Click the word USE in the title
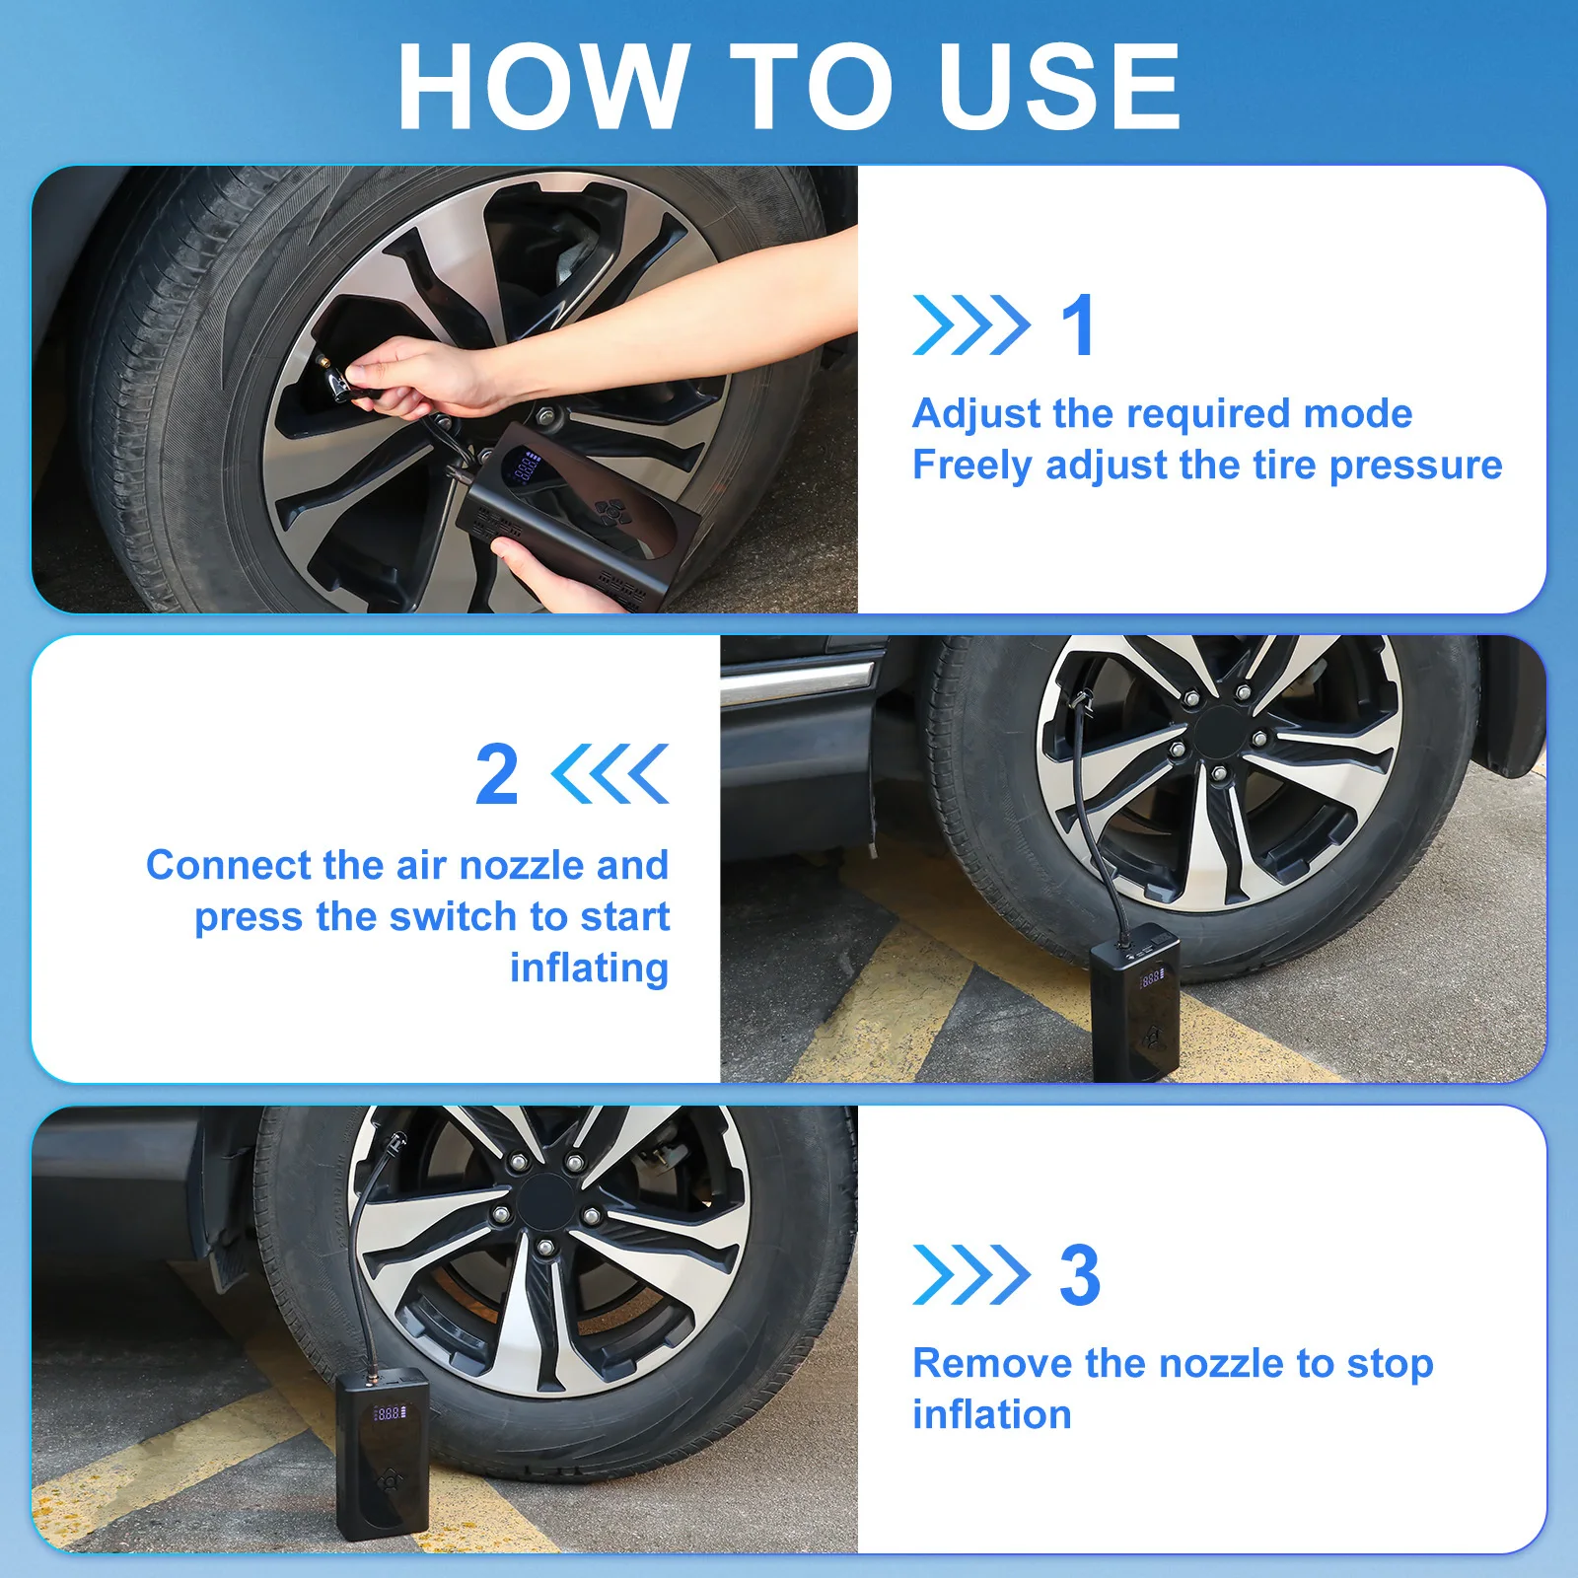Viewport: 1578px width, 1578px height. coord(1060,86)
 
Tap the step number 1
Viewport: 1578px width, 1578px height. coord(1078,325)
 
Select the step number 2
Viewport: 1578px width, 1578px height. coord(496,775)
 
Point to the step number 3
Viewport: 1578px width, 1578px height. coord(1080,1275)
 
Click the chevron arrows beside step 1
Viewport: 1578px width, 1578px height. coord(971,325)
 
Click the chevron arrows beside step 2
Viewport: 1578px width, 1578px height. coord(610,774)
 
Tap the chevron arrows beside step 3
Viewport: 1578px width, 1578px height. coord(971,1275)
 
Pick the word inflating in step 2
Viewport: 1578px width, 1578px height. coord(590,968)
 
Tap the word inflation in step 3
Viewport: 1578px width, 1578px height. coord(992,1415)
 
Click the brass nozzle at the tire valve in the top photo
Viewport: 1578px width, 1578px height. coord(323,365)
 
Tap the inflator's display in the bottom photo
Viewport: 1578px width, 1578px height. coord(389,1413)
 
